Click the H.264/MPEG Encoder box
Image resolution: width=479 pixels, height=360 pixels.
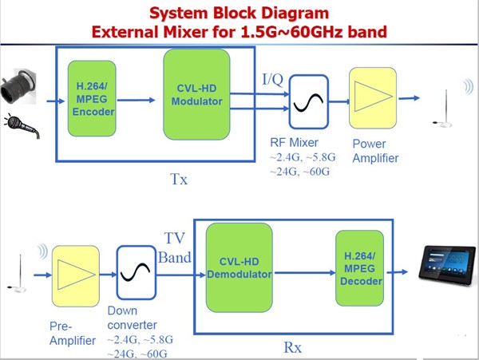93,100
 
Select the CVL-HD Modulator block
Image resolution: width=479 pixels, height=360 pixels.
196,93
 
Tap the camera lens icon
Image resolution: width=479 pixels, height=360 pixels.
22,89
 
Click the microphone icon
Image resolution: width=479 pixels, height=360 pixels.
22,128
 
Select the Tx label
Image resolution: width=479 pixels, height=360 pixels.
179,179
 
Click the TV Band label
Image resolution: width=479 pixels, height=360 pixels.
178,248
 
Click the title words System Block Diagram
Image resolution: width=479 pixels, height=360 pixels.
239,14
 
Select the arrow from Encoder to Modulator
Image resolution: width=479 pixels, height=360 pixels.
140,101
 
